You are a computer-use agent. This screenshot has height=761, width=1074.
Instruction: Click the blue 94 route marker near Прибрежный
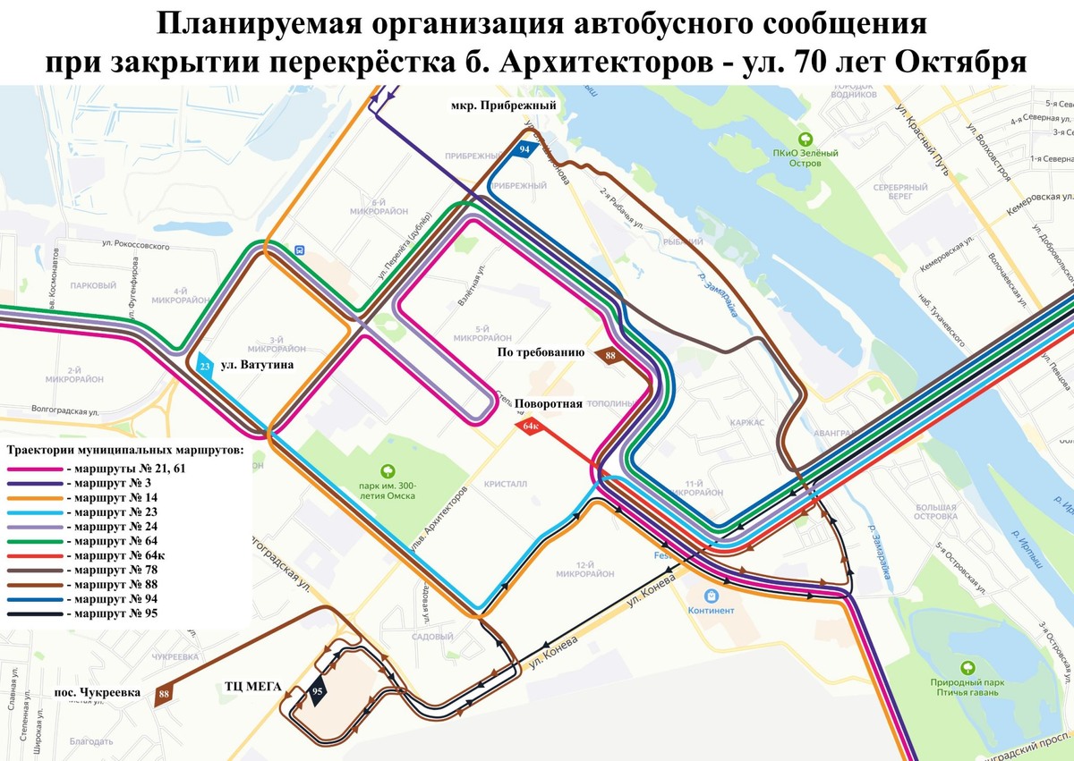(525, 148)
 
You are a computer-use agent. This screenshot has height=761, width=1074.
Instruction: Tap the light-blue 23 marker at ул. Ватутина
(205, 366)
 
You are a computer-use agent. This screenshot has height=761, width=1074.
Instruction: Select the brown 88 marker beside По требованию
(610, 356)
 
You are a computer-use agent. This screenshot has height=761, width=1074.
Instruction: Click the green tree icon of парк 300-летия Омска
(388, 469)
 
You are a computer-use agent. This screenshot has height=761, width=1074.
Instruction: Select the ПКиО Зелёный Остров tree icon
(805, 139)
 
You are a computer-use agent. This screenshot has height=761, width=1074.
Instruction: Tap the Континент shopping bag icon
(712, 595)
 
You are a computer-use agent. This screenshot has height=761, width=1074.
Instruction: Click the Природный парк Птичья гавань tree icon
(967, 667)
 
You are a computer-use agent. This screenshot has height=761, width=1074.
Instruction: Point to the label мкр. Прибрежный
(505, 106)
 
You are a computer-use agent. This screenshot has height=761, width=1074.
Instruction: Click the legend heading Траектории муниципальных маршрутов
(124, 449)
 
